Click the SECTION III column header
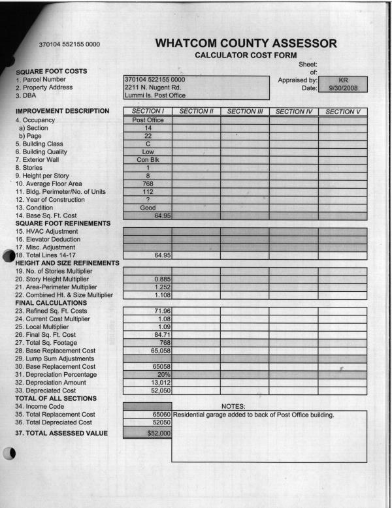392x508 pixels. (x=244, y=112)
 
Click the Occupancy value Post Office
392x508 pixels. (x=148, y=121)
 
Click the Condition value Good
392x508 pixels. (x=148, y=207)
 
